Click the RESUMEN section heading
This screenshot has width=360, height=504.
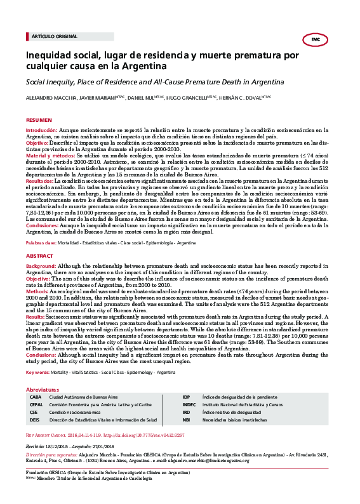[x=38, y=119]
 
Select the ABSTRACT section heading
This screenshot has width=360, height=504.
[x=39, y=255]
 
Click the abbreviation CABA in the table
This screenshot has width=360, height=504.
[x=36, y=396]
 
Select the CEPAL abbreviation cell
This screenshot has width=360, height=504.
[x=36, y=404]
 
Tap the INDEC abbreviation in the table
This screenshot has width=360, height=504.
[x=189, y=404]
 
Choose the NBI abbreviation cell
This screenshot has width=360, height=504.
[x=186, y=420]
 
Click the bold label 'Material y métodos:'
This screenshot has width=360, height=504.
[x=52, y=154]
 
